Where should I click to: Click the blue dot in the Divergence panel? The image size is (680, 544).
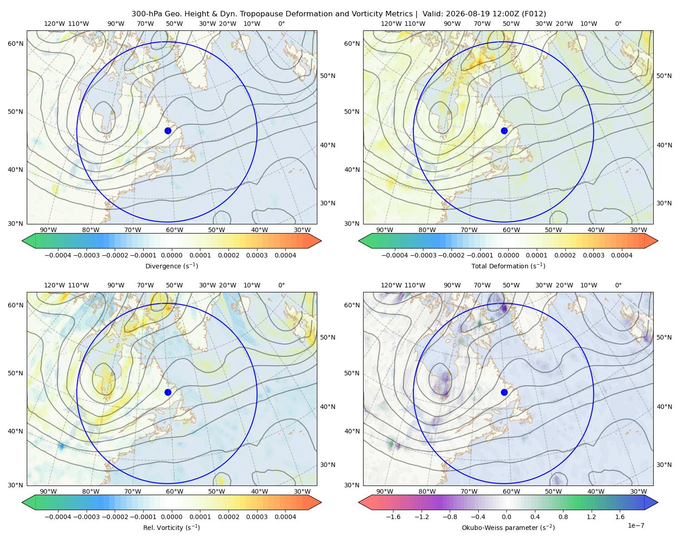tap(168, 131)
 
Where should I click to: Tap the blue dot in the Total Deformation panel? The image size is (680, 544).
tap(504, 131)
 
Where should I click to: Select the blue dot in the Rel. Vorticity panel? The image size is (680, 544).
tap(168, 392)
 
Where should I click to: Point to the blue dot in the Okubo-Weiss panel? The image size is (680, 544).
tap(504, 392)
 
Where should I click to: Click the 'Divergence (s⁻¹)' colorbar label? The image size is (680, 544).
tap(171, 266)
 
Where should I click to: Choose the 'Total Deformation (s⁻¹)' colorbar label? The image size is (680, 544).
tap(508, 266)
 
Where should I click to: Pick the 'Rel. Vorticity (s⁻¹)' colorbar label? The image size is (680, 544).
tap(171, 528)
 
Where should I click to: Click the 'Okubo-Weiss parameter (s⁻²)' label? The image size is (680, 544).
tap(508, 528)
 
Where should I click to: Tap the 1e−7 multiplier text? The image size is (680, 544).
tap(636, 525)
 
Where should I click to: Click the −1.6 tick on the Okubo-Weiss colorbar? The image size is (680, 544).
tap(393, 517)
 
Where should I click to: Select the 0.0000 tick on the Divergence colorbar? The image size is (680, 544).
tap(171, 255)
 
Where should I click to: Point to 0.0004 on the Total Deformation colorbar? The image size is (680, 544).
tap(622, 255)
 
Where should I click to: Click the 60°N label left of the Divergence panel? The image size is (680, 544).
tap(15, 44)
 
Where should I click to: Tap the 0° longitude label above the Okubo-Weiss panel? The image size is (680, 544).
tap(618, 285)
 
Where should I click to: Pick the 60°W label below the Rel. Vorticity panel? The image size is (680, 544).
tap(175, 491)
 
